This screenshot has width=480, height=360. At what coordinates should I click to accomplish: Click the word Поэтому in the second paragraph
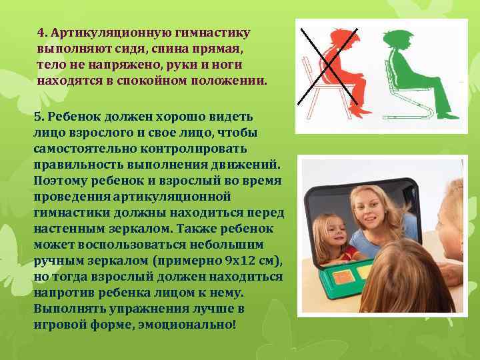[59, 181]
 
